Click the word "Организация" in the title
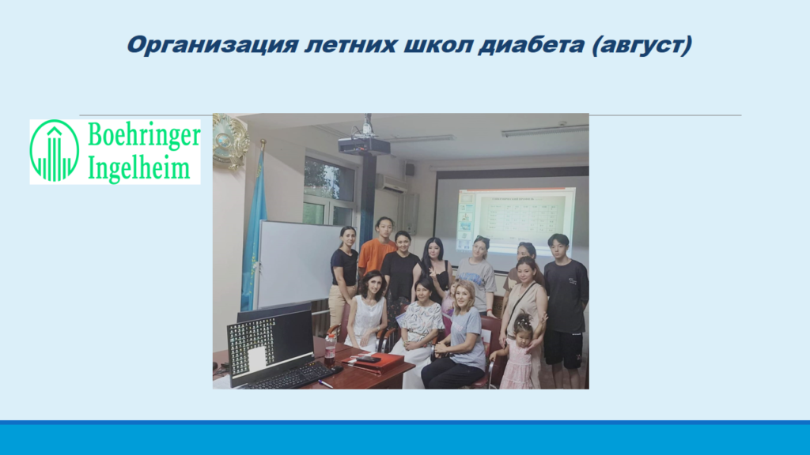pos(212,45)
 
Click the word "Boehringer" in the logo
pos(144,136)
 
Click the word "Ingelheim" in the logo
pos(139,167)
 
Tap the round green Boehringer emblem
pos(55,151)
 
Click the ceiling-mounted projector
pos(364,145)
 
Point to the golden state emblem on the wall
pos(231,141)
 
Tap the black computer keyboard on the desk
pos(293,376)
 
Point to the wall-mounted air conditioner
pos(391,183)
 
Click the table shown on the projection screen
pos(522,218)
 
